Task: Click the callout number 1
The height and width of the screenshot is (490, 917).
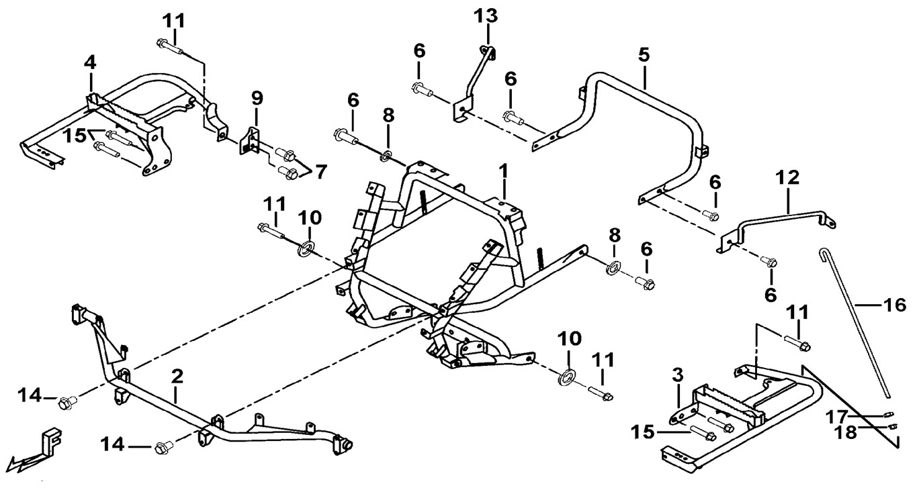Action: click(x=503, y=173)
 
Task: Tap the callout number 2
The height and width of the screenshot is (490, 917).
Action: click(x=177, y=377)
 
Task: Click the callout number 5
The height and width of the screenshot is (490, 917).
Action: click(x=644, y=55)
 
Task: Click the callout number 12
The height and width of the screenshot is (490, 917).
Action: click(x=788, y=178)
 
